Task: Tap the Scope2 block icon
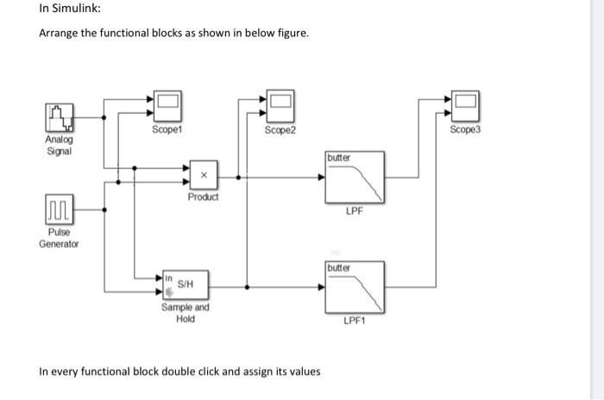click(279, 104)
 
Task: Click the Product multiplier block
click(204, 175)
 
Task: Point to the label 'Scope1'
click(167, 130)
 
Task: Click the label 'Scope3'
click(463, 130)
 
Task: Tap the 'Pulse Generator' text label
click(59, 238)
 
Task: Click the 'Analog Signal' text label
click(60, 145)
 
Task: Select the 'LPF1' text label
click(355, 321)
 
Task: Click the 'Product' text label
click(204, 197)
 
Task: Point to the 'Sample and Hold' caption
click(185, 313)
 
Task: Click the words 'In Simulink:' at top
click(68, 10)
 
